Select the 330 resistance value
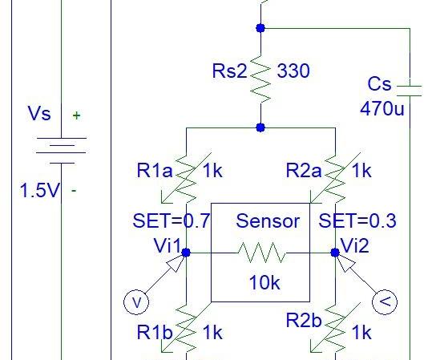[x=293, y=71]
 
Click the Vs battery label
[x=39, y=115]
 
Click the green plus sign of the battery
[x=76, y=115]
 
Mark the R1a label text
[x=154, y=171]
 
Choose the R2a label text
[x=304, y=171]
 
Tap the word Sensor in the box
[x=268, y=220]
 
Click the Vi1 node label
[x=168, y=245]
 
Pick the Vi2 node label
[x=355, y=245]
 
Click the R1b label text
[x=154, y=332]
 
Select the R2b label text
[x=304, y=322]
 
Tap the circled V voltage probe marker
[x=136, y=302]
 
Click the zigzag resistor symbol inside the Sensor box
[x=260, y=253]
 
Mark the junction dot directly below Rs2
[x=260, y=127]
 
